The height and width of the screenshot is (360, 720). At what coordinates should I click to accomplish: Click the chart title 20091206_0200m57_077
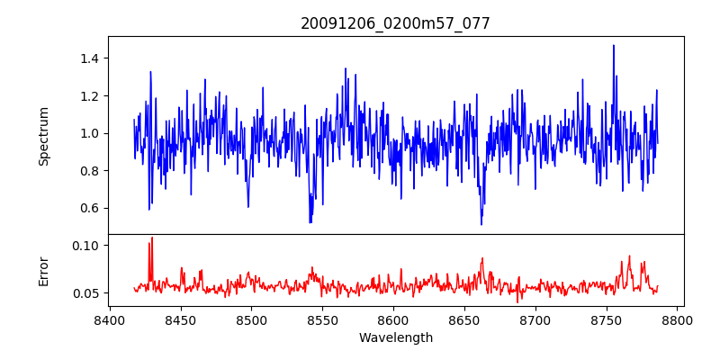click(395, 23)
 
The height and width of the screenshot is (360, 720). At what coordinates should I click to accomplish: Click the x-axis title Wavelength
click(395, 338)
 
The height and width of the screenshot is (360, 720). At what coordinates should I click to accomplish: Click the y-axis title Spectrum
click(43, 136)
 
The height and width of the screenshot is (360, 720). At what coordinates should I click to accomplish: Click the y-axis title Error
click(43, 271)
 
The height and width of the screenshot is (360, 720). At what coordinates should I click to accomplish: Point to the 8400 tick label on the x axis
click(110, 320)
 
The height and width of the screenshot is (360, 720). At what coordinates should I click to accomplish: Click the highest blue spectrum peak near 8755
click(614, 46)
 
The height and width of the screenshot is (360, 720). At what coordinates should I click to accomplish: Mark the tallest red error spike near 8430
click(152, 238)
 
